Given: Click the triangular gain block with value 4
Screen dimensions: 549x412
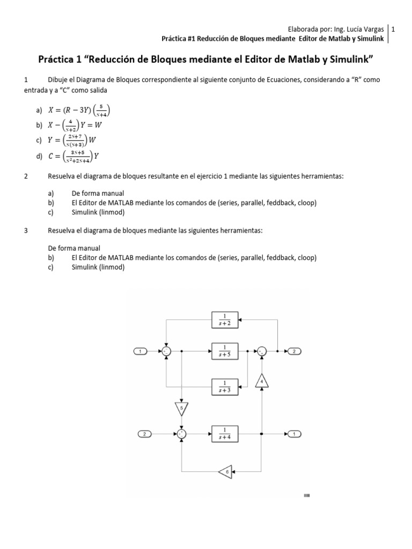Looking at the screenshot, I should tap(261, 382).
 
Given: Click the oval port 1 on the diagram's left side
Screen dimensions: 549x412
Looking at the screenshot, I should tap(140, 351).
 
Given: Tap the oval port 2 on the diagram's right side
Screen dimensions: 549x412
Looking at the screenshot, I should tap(295, 351).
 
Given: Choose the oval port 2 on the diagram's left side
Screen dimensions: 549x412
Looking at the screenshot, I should tap(145, 433).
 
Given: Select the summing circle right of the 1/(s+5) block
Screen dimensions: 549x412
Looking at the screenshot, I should tap(261, 351).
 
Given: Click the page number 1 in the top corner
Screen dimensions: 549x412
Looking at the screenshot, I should tap(394, 29).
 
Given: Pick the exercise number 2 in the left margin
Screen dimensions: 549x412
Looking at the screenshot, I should tap(26, 177).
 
